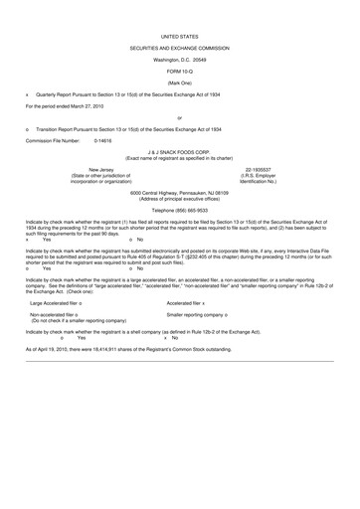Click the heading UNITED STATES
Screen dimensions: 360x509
pyautogui.click(x=179, y=35)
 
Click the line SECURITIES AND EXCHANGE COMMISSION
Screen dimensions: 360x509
pyautogui.click(x=179, y=47)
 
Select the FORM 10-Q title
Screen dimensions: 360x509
pyautogui.click(x=179, y=71)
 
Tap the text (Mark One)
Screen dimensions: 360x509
pyautogui.click(x=179, y=82)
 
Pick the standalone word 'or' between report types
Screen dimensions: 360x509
pyautogui.click(x=179, y=117)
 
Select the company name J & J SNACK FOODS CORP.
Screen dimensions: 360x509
pyautogui.click(x=179, y=153)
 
